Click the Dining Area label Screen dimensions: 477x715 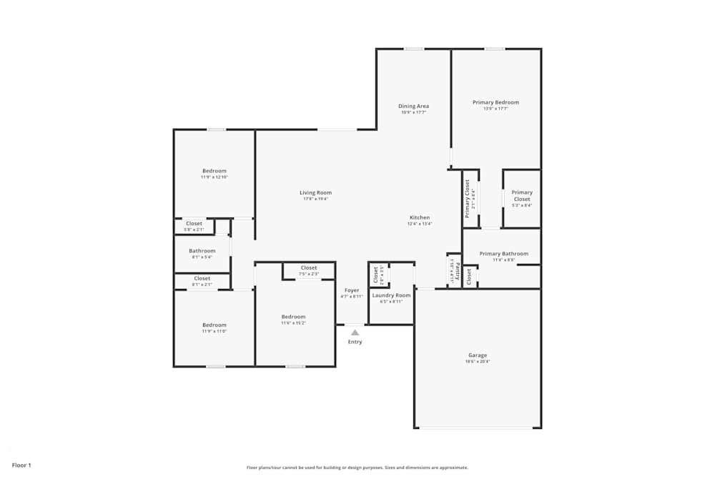point(413,107)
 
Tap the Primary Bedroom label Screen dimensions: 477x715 point(495,102)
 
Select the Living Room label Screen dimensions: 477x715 point(315,192)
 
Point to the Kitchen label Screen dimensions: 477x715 point(420,217)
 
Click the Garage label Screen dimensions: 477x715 point(478,355)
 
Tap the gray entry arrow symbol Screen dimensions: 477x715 point(355,332)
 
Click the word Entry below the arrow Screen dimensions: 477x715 point(355,342)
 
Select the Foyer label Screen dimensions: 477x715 point(352,290)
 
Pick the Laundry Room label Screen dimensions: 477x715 point(391,295)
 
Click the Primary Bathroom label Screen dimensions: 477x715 point(503,254)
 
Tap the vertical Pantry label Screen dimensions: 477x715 point(456,270)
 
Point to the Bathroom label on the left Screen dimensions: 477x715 point(202,251)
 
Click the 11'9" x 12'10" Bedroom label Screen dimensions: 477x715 point(214,171)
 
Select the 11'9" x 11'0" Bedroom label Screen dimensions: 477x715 point(214,325)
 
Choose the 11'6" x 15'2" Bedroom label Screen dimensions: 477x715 point(293,317)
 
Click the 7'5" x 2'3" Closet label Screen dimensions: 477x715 point(309,268)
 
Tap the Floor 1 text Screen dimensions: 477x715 point(21,465)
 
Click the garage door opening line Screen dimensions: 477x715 point(478,428)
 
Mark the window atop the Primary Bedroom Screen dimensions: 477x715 point(495,49)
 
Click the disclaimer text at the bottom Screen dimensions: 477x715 point(357,467)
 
